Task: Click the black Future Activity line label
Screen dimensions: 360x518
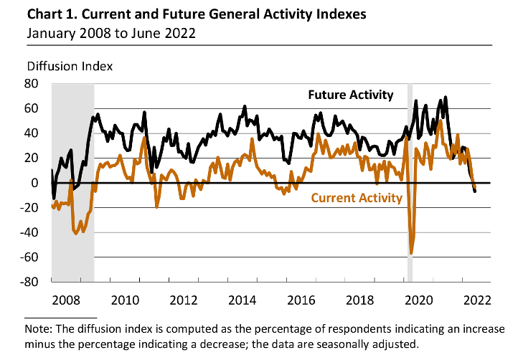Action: [351, 95]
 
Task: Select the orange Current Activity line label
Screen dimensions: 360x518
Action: [357, 198]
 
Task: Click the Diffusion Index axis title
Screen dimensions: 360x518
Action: [70, 66]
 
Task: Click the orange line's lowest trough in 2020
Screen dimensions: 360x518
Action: [411, 253]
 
